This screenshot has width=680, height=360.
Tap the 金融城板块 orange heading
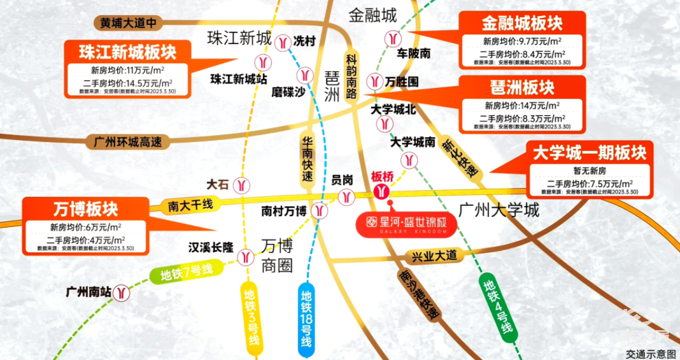click(522, 24)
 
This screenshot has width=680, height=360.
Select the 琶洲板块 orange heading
click(522, 87)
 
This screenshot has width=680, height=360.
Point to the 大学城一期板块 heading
click(590, 153)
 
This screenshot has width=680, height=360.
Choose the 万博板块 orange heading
click(86, 208)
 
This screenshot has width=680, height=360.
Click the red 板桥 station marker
click(382, 190)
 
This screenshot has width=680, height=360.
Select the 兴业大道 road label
click(434, 256)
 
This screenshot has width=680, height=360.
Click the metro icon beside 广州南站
click(122, 292)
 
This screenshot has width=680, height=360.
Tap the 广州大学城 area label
click(499, 210)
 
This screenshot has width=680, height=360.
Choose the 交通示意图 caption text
click(650, 353)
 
